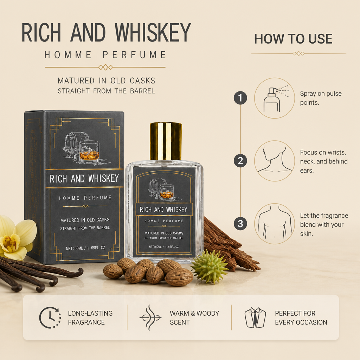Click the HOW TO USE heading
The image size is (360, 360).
[x=293, y=39]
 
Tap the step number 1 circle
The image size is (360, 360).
[x=240, y=98]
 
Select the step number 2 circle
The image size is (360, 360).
[x=240, y=161]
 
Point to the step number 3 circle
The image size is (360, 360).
[x=240, y=224]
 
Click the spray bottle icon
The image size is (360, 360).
[x=275, y=99]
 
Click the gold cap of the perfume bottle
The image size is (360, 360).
[x=166, y=141]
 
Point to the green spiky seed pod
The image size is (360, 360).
[x=210, y=266]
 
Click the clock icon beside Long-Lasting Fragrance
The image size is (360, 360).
[x=50, y=317]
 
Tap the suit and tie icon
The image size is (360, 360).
[x=255, y=318]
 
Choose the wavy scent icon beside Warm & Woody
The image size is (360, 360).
[x=150, y=317]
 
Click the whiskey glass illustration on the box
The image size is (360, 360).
[x=90, y=151]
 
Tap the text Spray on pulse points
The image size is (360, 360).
[x=321, y=98]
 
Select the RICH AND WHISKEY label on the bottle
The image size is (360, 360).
[x=163, y=210]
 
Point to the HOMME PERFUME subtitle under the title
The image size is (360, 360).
[x=105, y=55]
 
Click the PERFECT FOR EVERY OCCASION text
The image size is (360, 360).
[x=301, y=318]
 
